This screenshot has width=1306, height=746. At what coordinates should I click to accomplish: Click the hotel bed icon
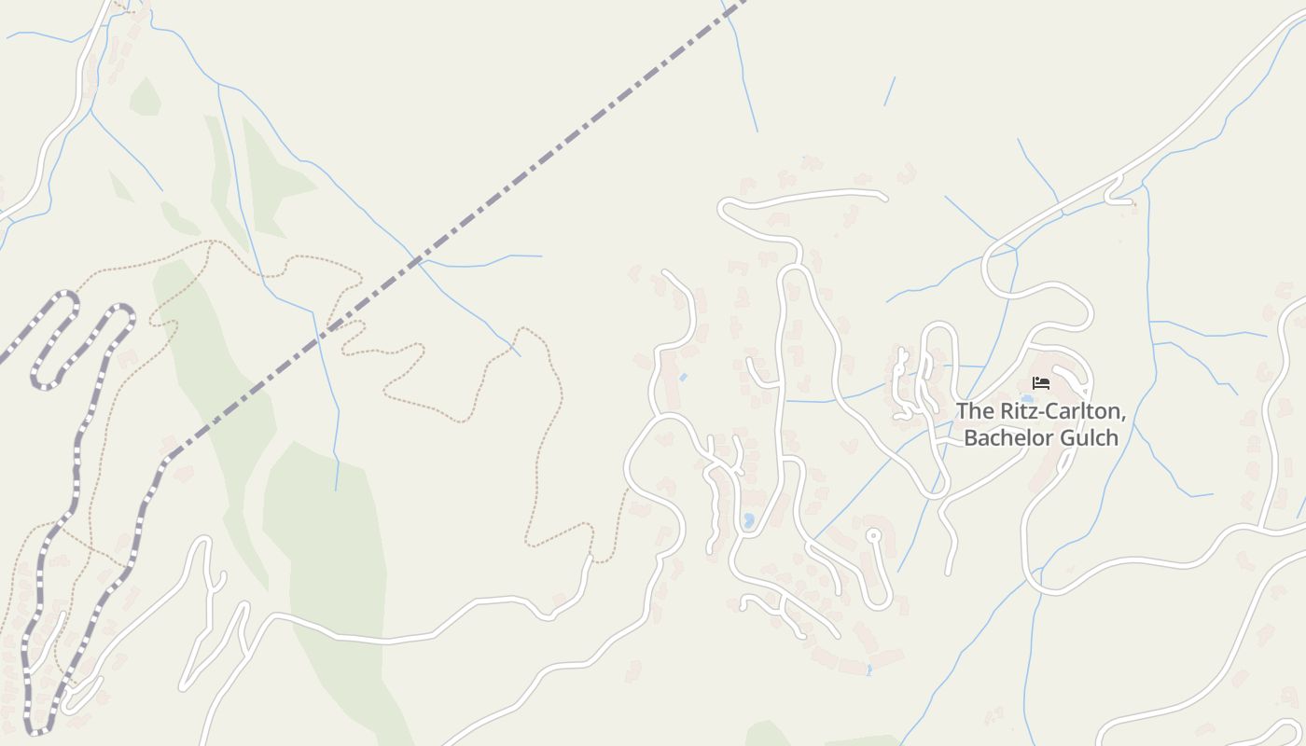(x=1041, y=383)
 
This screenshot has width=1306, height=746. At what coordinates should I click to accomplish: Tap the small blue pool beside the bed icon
(x=1027, y=398)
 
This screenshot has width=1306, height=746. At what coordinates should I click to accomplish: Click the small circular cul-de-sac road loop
(x=873, y=535)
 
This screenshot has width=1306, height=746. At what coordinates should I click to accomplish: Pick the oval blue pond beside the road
(x=748, y=520)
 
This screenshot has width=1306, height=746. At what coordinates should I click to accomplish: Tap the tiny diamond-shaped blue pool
(x=684, y=377)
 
